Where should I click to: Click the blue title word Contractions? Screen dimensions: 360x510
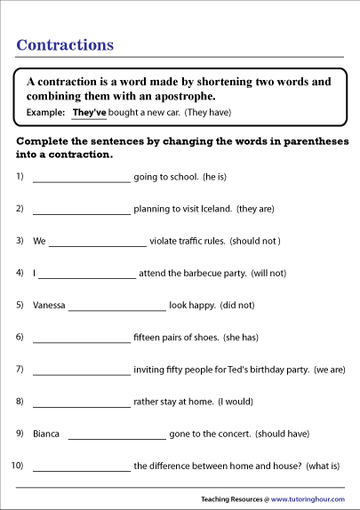[66, 44]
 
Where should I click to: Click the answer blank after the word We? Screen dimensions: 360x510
[98, 243]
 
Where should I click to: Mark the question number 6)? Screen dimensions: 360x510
[20, 337]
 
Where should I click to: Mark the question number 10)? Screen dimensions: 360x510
[17, 465]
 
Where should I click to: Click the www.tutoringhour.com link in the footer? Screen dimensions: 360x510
[309, 498]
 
